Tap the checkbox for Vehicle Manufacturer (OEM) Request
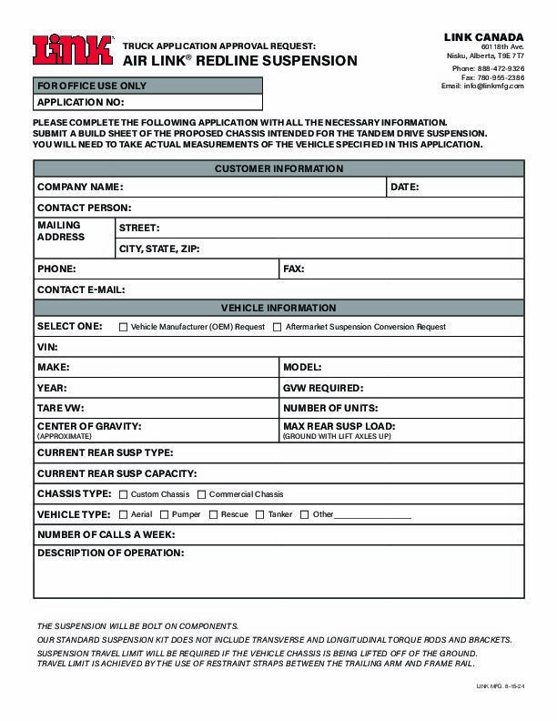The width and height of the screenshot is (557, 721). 123,327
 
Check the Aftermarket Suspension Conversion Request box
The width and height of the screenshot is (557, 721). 278,327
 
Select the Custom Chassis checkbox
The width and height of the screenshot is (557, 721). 123,494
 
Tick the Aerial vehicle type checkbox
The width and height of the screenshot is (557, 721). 123,514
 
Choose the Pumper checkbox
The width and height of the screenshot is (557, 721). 164,514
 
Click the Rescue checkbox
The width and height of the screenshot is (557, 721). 213,514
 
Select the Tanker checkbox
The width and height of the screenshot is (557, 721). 259,514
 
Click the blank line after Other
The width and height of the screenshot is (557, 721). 373,515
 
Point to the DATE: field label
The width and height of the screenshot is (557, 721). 404,187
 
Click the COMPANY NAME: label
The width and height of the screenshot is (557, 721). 79,187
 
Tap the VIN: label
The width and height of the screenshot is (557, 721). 46,347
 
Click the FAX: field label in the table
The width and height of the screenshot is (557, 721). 293,269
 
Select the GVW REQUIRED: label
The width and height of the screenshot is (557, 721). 323,388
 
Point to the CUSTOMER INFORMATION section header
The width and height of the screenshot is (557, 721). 278,168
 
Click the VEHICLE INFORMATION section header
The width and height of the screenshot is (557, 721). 278,308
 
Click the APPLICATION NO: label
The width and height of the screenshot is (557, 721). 79,103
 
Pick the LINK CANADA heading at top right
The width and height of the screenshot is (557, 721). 483,36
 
